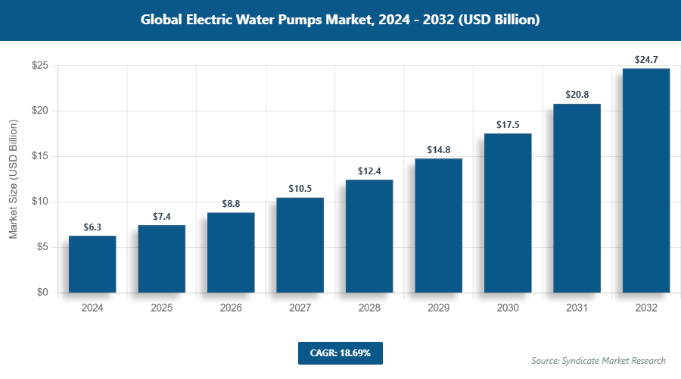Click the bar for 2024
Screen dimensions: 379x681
tap(92, 264)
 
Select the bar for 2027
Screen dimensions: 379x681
tap(300, 245)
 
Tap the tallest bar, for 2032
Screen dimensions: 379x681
tap(646, 180)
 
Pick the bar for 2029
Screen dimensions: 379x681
tap(438, 225)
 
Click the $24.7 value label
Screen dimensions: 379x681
tap(646, 58)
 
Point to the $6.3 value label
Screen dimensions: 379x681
tap(92, 226)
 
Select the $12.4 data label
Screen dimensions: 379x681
tap(369, 170)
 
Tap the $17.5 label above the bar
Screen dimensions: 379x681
tap(508, 124)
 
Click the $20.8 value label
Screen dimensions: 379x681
tap(577, 94)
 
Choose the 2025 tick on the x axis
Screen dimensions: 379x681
tap(161, 309)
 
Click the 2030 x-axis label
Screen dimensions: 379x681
tap(508, 309)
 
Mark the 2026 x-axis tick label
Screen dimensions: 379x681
tap(231, 309)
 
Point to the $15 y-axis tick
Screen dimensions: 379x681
tap(40, 156)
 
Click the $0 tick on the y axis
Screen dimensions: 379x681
tap(43, 293)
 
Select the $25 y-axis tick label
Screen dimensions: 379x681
tap(40, 66)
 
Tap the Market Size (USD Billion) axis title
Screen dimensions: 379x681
tap(14, 179)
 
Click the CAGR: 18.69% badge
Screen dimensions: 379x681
tap(340, 353)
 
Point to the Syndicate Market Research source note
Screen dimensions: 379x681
tap(599, 360)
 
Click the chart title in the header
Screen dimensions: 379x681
tap(340, 20)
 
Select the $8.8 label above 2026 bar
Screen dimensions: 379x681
tap(231, 203)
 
